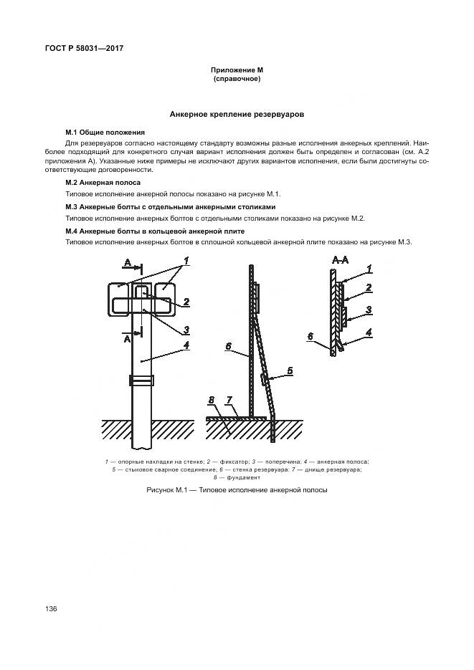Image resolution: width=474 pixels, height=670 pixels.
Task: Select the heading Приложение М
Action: point(237,70)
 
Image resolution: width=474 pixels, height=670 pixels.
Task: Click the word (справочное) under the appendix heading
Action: point(237,79)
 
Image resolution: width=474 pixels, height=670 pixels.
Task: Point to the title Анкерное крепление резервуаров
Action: point(237,114)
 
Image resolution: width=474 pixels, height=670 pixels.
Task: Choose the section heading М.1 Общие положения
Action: point(105,133)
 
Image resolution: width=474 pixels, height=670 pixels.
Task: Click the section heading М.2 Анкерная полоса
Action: point(103,183)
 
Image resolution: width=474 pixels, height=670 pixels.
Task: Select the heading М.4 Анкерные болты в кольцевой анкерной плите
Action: point(155,231)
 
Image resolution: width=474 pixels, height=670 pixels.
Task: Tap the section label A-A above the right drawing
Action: point(341,258)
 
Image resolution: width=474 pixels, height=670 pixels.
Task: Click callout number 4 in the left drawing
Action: point(186,345)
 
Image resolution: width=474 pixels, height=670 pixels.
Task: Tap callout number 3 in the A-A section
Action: point(369,310)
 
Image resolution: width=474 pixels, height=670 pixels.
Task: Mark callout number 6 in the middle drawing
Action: point(227,346)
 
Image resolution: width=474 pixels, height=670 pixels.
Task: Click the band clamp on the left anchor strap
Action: point(141,380)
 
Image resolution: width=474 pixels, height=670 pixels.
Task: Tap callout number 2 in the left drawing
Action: point(185,302)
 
